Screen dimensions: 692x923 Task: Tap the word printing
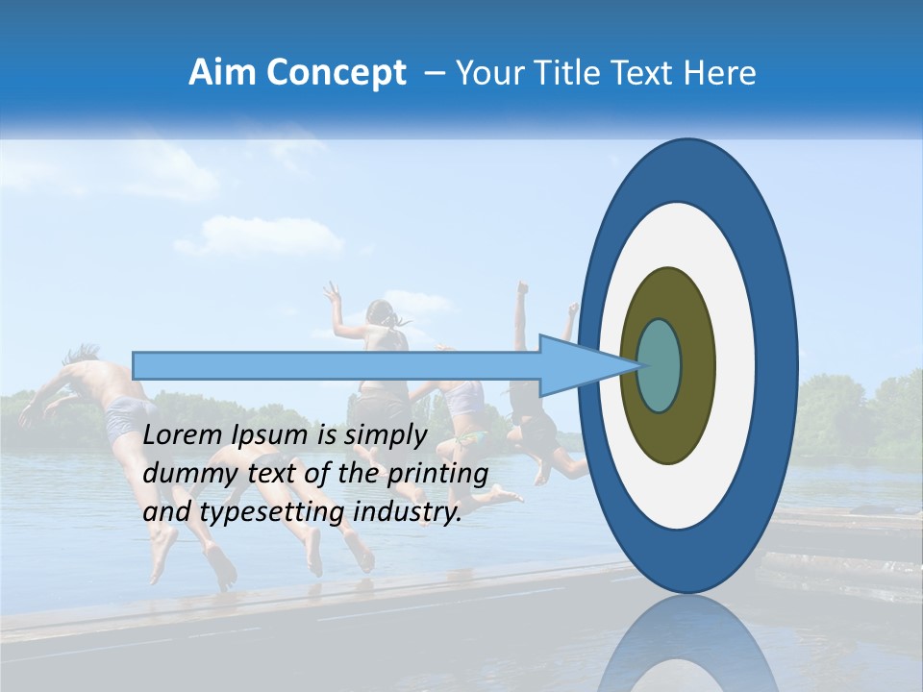435,474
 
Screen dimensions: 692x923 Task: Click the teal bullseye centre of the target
660,365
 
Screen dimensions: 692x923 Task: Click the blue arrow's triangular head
577,365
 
